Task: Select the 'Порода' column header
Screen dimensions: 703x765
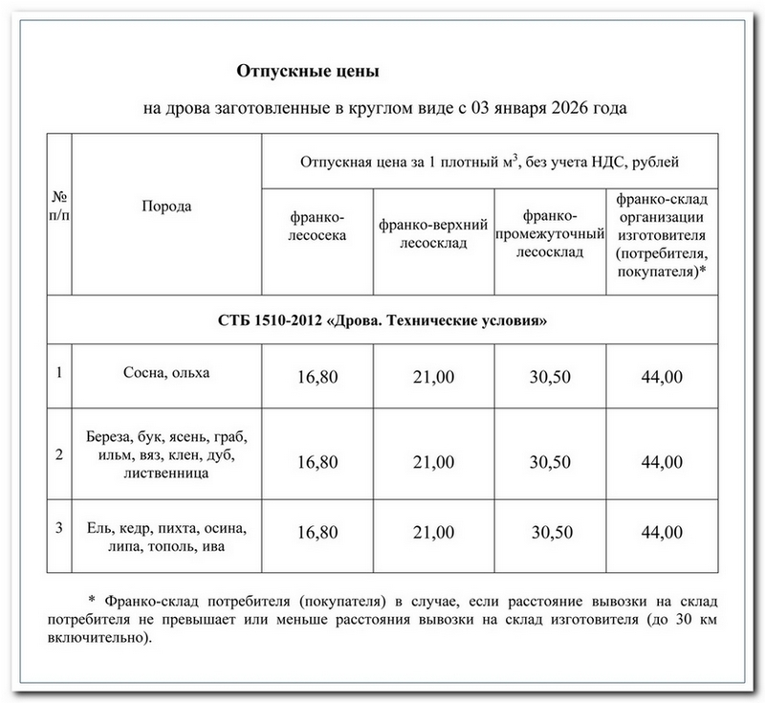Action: (166, 207)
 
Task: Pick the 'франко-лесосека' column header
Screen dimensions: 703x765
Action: (317, 227)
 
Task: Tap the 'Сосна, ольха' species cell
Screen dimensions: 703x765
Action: (166, 371)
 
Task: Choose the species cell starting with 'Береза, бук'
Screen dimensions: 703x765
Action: (166, 454)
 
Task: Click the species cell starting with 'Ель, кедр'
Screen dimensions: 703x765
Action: (166, 538)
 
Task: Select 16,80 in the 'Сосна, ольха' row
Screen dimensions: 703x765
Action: (317, 377)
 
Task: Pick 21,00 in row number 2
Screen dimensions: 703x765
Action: (433, 462)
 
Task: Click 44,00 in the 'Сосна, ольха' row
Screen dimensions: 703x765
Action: (662, 377)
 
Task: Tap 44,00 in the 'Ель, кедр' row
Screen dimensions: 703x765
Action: (662, 533)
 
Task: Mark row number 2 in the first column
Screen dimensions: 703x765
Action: (59, 454)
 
